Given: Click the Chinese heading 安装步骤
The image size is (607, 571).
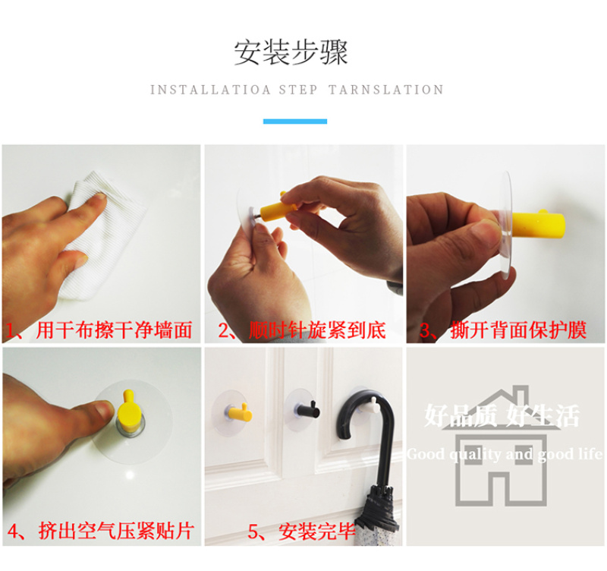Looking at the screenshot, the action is point(291,52).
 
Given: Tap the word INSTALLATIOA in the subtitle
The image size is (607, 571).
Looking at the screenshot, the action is point(210,90).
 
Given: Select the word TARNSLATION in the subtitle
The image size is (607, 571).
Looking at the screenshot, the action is point(386,90).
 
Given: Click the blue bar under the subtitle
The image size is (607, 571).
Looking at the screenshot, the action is point(295,121).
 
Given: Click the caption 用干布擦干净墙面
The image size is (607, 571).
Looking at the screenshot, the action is point(115,330).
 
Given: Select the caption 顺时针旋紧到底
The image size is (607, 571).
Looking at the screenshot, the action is point(317,330).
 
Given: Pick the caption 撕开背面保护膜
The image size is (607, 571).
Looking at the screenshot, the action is point(518,330).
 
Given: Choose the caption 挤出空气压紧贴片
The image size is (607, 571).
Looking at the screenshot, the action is point(116,531).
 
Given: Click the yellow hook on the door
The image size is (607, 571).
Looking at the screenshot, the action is point(239,413).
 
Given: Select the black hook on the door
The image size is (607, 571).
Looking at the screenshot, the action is point(308,410).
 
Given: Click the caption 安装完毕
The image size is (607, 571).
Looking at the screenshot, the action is point(316,532).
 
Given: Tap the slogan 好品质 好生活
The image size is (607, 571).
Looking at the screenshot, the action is point(502,415).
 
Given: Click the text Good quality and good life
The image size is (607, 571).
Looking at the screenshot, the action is point(505,454).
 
